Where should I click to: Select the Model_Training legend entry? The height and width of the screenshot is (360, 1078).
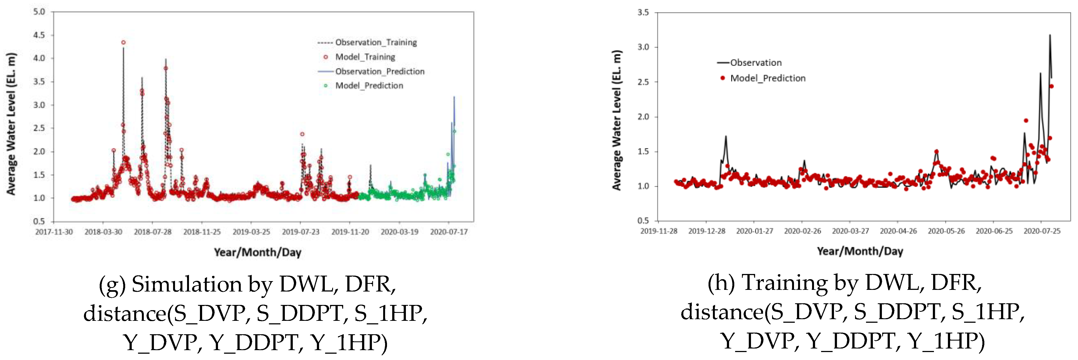[x=365, y=57]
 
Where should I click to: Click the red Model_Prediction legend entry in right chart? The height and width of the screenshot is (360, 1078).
[x=767, y=78]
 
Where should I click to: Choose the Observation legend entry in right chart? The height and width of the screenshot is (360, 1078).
[x=756, y=63]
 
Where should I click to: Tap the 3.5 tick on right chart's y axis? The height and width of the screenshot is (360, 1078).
[x=643, y=13]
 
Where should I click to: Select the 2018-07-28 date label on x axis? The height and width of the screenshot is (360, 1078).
[x=153, y=232]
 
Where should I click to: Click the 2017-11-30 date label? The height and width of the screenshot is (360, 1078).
[x=54, y=232]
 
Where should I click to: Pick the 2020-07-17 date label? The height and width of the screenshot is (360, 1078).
[x=449, y=232]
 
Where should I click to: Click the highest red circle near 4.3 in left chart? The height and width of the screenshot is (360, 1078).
[x=124, y=42]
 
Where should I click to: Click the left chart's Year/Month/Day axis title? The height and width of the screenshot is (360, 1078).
[x=257, y=252]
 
